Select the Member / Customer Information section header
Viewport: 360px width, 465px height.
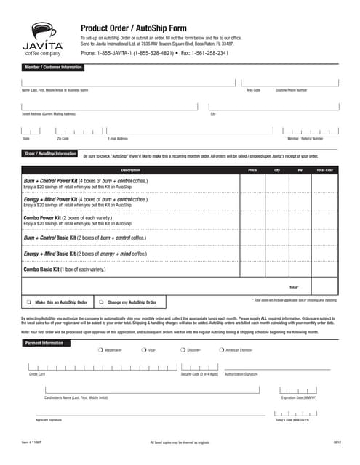[x=53, y=68]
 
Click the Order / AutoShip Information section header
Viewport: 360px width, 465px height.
[x=50, y=154]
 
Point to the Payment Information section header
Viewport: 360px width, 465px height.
[x=44, y=342]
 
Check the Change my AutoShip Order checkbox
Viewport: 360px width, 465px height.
[x=102, y=302]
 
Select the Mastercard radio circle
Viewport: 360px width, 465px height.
[x=100, y=350]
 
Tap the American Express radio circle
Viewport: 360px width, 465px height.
[x=220, y=350]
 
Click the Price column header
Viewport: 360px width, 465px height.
[x=252, y=170]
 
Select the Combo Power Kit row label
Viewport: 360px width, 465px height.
[x=46, y=217]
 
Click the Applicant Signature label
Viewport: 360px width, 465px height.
[x=49, y=420]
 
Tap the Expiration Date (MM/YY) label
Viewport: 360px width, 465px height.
[x=299, y=397]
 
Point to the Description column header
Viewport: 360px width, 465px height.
[x=130, y=170]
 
